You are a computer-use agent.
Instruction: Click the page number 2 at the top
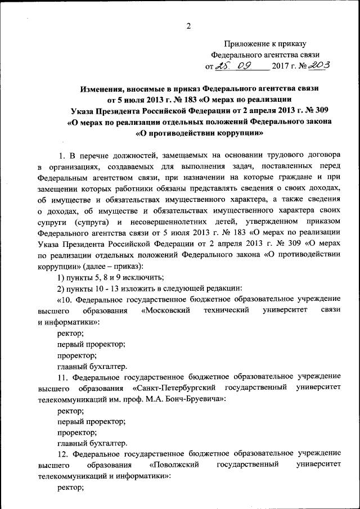(189, 26)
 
